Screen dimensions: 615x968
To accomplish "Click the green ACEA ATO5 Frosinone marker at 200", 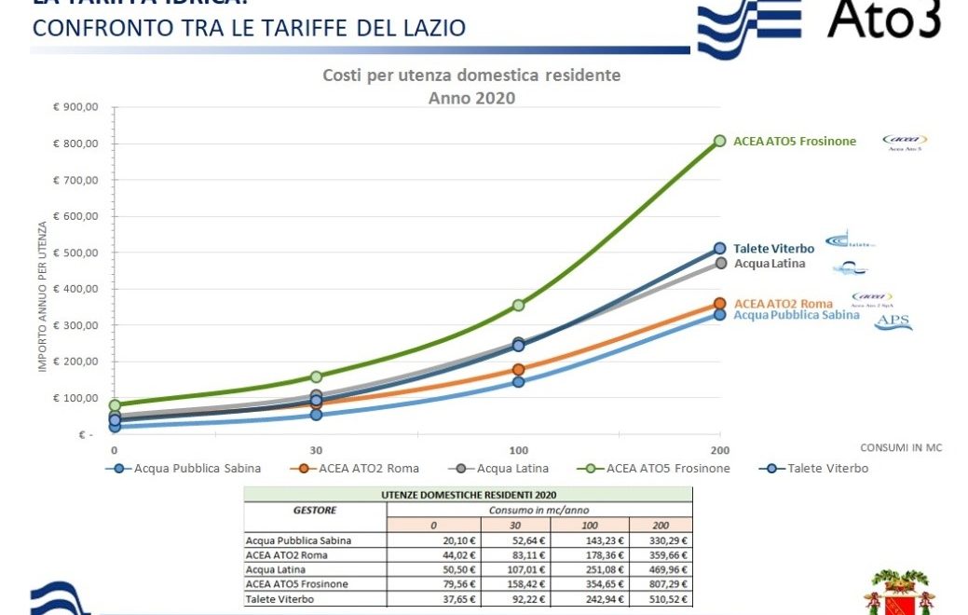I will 719,141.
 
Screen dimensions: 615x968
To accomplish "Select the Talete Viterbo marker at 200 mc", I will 719,249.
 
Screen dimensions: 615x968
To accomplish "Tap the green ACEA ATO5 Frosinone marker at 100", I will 519,305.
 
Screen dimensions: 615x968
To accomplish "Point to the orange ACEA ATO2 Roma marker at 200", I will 719,304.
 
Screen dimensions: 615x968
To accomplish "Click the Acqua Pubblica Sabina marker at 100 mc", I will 519,382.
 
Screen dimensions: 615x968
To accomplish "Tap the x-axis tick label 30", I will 317,448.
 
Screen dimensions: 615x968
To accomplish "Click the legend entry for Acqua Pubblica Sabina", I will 197,468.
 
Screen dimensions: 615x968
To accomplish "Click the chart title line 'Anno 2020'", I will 471,97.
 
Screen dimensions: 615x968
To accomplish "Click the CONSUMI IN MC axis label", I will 900,448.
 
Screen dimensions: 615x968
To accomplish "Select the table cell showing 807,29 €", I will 661,584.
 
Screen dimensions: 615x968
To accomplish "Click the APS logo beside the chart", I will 893,323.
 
